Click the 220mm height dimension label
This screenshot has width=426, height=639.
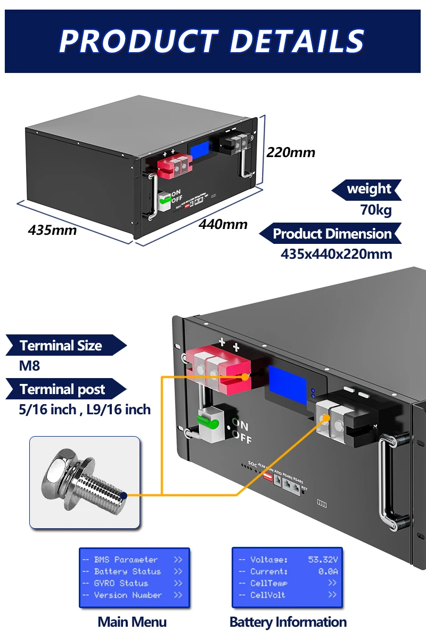coord(291,153)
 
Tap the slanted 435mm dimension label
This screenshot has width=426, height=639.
coord(52,230)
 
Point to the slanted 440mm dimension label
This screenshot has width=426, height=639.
coord(223,224)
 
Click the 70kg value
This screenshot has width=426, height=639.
coord(375,210)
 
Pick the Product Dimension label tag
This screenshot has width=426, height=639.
coord(332,234)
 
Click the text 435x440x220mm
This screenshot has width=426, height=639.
coord(336,254)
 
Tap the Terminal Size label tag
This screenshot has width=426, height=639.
coord(61,346)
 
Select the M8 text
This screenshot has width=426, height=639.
coord(30,366)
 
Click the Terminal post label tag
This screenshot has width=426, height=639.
coord(62,389)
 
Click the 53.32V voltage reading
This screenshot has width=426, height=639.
coord(323,560)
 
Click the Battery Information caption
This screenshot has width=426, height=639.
coord(288,622)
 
